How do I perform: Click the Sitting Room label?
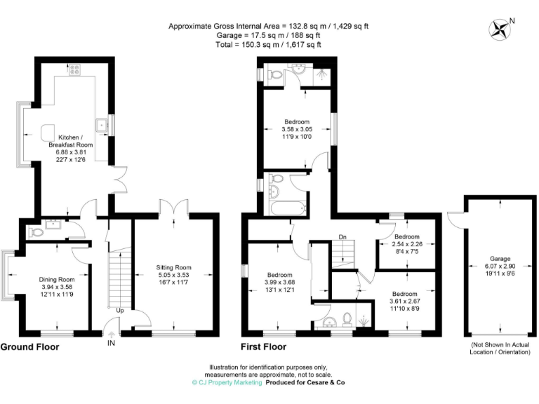tap(173, 267)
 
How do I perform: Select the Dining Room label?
tap(56, 279)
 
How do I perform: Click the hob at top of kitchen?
tap(74, 69)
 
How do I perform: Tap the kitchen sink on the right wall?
tap(103, 126)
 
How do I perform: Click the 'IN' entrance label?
tap(110, 343)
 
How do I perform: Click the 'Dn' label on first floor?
tap(342, 236)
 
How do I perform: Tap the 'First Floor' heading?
tap(265, 347)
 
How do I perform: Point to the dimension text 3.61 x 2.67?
tap(405, 302)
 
